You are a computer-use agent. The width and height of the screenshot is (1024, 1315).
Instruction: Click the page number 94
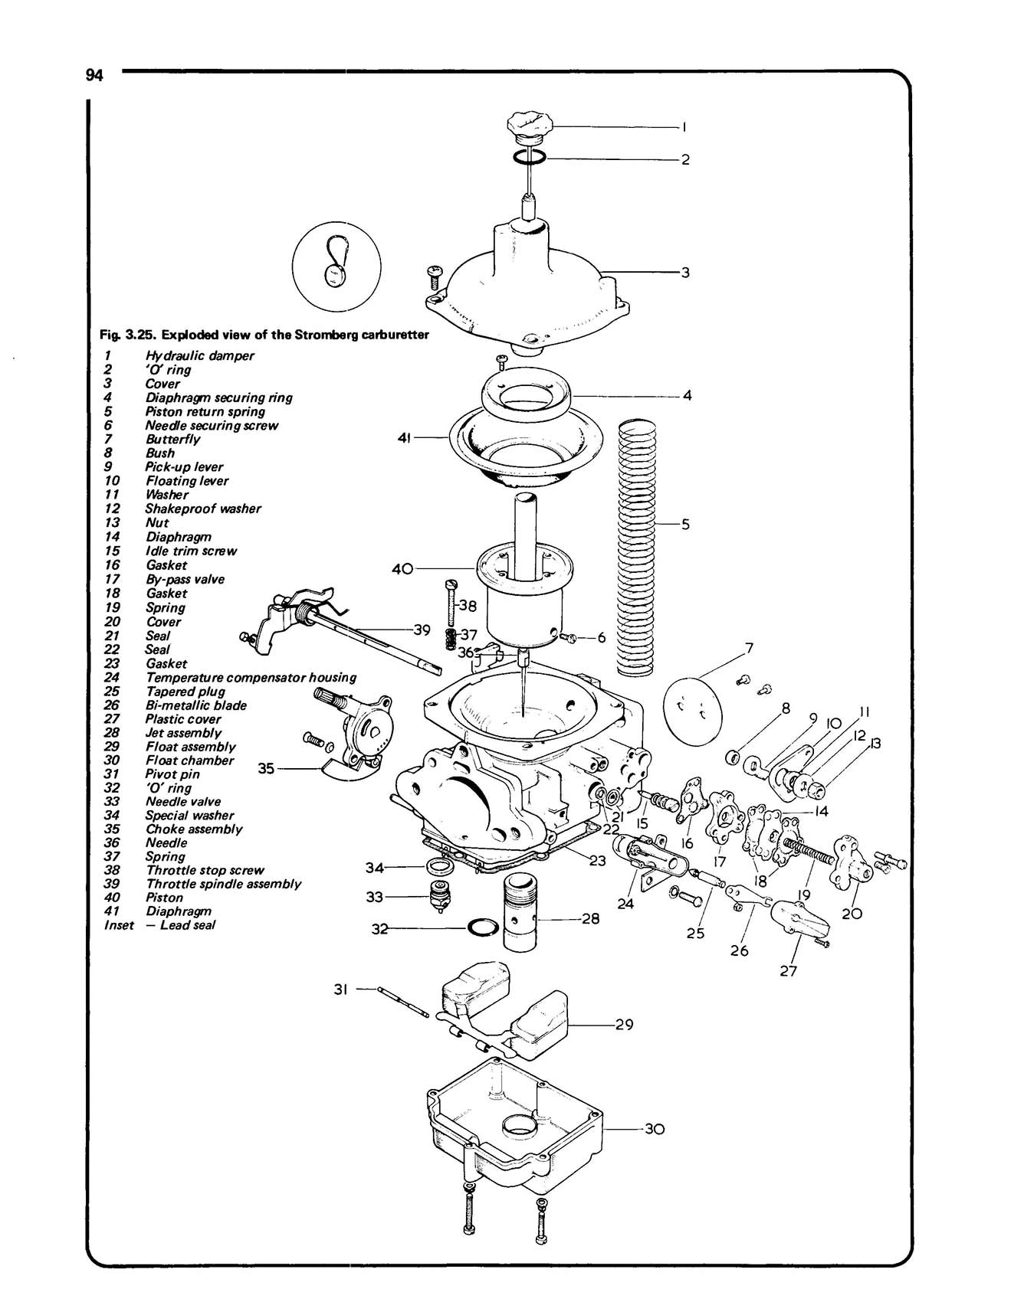(x=94, y=75)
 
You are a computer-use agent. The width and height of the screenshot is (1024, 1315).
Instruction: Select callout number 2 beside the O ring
(x=685, y=159)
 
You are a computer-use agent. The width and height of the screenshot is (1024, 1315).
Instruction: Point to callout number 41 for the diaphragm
(x=405, y=437)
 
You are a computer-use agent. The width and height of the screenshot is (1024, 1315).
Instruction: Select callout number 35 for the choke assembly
(x=266, y=768)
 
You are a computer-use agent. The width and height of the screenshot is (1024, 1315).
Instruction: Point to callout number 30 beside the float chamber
(x=654, y=1129)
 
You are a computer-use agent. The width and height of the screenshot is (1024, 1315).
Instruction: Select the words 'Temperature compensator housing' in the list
(x=251, y=677)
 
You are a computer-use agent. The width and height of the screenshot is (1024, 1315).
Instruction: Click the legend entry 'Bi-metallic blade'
(x=196, y=705)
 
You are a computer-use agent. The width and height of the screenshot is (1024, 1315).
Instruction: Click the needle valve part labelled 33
(x=440, y=895)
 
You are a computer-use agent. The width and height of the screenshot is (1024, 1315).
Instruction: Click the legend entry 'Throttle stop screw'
(x=205, y=870)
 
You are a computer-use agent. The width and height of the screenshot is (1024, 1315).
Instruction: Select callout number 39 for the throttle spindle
(x=422, y=630)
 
